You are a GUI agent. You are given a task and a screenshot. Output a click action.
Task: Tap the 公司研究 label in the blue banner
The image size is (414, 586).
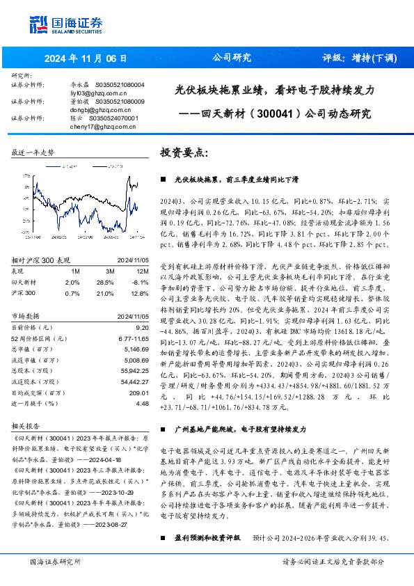231,58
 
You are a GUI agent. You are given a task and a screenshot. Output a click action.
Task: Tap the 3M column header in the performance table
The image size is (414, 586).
110,271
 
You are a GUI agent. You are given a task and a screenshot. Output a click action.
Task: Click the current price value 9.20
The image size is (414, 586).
143,326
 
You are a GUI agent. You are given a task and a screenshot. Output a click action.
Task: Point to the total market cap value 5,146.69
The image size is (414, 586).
136,349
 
